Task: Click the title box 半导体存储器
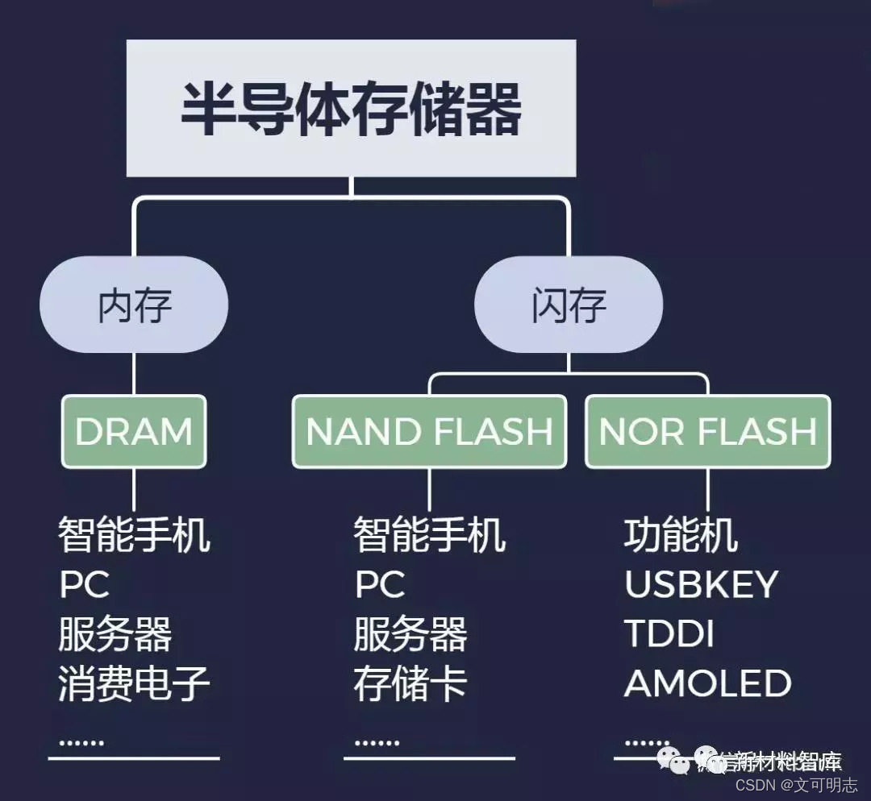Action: click(x=351, y=109)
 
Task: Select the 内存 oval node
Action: click(x=134, y=305)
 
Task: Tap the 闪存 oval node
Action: click(x=569, y=305)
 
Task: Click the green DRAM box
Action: click(x=134, y=431)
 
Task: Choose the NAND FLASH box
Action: click(x=429, y=431)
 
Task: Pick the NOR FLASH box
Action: click(x=707, y=431)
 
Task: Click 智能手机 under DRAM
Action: click(x=134, y=535)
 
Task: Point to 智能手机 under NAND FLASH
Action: click(x=429, y=535)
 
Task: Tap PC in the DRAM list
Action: click(x=84, y=585)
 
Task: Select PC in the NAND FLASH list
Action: click(x=380, y=585)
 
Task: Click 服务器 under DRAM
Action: click(x=115, y=635)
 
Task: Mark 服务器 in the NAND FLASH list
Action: click(x=410, y=635)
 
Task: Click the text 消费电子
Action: click(x=134, y=685)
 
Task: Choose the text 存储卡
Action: click(x=410, y=685)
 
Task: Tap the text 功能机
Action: click(x=681, y=535)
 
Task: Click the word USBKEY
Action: click(x=701, y=585)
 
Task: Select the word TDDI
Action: click(x=669, y=635)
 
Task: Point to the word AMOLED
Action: click(x=707, y=685)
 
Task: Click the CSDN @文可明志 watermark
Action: click(x=796, y=784)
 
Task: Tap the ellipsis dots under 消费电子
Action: click(x=81, y=741)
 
